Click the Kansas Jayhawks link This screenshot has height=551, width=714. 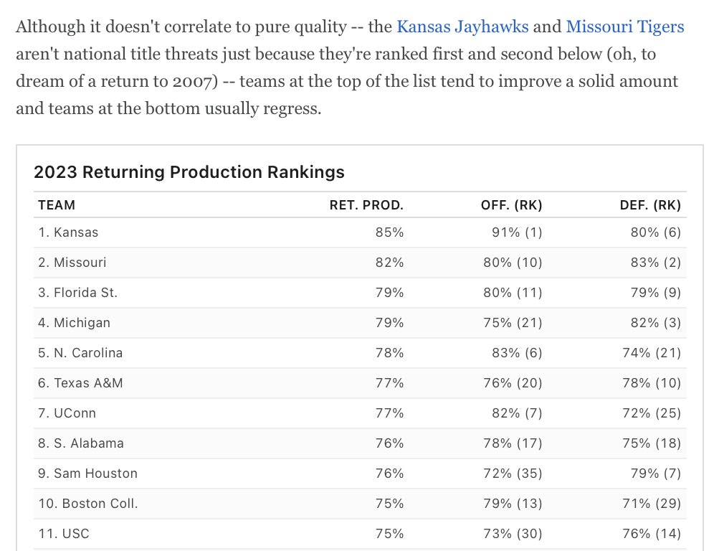(462, 27)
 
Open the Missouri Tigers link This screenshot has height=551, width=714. (624, 27)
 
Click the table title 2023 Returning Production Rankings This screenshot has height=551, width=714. (189, 172)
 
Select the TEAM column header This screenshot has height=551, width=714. (57, 205)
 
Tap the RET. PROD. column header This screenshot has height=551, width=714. (366, 205)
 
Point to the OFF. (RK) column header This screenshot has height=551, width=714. (511, 205)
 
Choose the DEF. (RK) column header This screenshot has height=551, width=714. (649, 205)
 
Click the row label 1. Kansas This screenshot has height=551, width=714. (68, 232)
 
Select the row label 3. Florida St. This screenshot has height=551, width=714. (77, 293)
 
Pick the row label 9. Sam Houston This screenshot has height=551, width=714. (87, 474)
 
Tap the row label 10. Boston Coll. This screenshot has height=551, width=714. (87, 504)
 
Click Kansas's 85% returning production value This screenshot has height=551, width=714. (389, 232)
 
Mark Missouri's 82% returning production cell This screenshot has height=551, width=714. (389, 263)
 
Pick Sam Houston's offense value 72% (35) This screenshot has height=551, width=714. (513, 474)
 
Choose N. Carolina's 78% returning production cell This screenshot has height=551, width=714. (389, 353)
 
